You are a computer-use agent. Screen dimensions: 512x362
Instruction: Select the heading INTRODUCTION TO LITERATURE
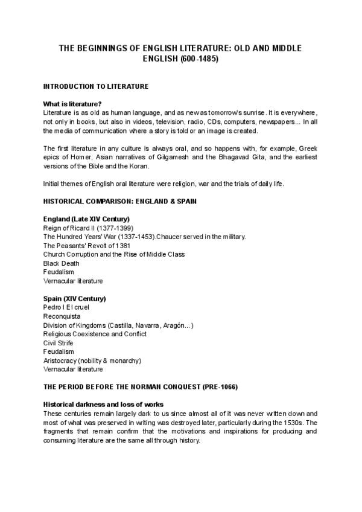pyautogui.click(x=96, y=86)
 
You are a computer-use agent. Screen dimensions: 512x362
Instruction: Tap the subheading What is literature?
pyautogui.click(x=72, y=104)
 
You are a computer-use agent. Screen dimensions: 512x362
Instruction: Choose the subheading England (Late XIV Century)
pyautogui.click(x=87, y=219)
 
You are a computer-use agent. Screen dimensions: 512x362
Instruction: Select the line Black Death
pyautogui.click(x=61, y=263)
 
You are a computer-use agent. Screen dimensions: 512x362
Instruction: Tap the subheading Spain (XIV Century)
pyautogui.click(x=75, y=298)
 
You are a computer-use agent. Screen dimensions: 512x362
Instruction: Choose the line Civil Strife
pyautogui.click(x=59, y=342)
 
